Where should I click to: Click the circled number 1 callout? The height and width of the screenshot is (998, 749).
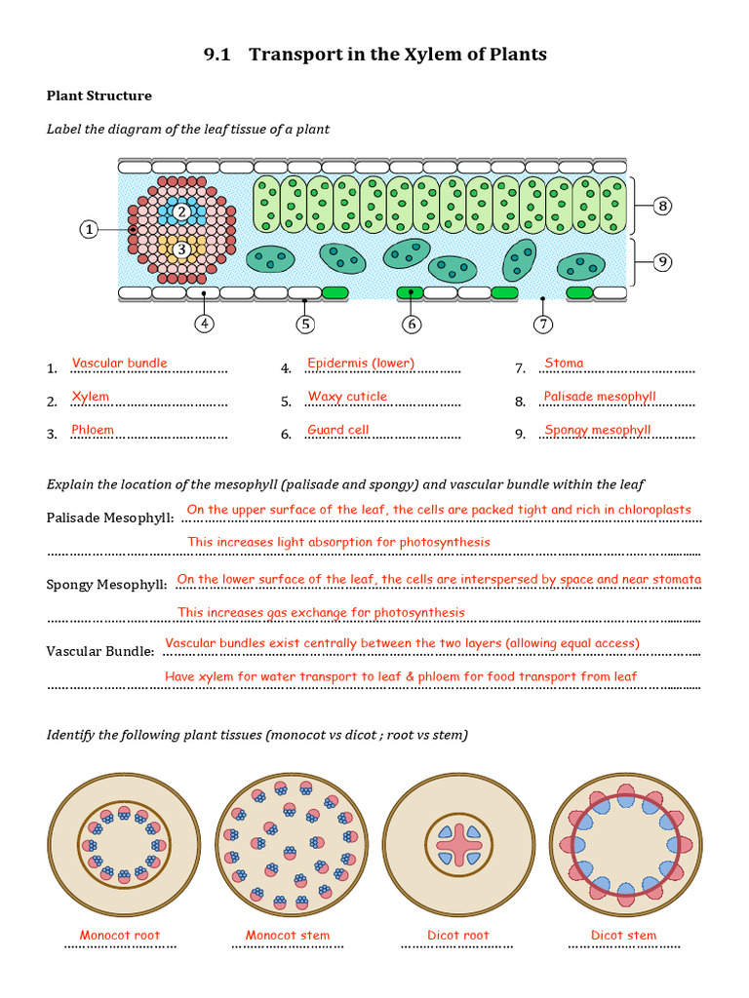point(89,230)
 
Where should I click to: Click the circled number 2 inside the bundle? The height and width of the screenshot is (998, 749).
point(181,211)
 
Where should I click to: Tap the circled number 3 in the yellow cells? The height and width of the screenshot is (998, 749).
point(181,249)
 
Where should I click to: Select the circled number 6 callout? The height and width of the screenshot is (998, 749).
point(411,324)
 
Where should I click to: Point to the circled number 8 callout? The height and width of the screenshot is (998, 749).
point(663,206)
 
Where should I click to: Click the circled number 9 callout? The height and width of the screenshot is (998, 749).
point(663,261)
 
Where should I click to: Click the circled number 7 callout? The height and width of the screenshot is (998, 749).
point(542,324)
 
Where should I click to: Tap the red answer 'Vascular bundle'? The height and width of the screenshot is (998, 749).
point(119,364)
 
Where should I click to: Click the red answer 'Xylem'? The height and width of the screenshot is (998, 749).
point(91,397)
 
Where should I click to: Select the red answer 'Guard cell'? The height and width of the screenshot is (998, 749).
point(337,430)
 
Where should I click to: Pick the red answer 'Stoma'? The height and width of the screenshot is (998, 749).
point(564,364)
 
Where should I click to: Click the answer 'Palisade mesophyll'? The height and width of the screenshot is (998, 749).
point(600,397)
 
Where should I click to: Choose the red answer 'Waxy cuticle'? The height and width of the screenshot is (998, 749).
point(347,397)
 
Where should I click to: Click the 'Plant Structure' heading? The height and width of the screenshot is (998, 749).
point(99,96)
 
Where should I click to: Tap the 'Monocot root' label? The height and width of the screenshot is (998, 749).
point(120,936)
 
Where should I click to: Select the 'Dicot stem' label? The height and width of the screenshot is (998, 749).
point(623,936)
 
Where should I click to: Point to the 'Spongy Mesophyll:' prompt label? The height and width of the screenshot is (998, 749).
point(107,585)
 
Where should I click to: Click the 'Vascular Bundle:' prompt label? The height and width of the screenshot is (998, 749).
point(100,651)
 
